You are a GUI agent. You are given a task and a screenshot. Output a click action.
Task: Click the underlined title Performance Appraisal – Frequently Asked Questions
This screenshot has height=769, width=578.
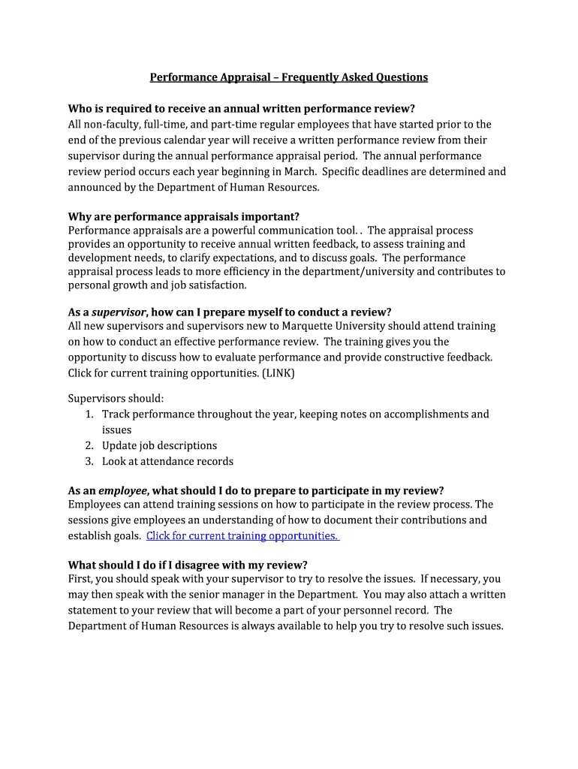(x=288, y=77)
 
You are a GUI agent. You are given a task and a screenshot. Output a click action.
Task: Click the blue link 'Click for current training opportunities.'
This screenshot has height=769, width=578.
(x=242, y=535)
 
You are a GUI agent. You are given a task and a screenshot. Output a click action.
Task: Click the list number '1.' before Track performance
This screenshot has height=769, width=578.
(x=89, y=414)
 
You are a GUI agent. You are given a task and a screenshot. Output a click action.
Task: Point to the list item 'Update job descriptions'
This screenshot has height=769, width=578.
(x=159, y=445)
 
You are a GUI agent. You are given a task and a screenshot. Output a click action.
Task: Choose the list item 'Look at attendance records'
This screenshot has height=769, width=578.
(x=167, y=461)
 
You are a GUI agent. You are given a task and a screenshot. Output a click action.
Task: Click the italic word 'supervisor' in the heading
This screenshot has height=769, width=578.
(x=119, y=312)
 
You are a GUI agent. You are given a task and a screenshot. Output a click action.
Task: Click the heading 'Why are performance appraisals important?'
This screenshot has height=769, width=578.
(x=184, y=216)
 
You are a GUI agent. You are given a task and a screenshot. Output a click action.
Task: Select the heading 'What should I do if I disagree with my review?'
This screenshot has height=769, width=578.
(x=188, y=565)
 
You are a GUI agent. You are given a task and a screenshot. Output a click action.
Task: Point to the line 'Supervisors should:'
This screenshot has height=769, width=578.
(x=116, y=398)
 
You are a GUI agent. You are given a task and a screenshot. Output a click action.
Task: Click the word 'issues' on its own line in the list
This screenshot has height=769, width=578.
(x=116, y=430)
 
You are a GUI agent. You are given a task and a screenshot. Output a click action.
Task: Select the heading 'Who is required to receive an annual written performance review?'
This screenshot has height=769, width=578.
(x=241, y=109)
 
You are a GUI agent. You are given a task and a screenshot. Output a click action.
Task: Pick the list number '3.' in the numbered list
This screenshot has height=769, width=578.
(x=89, y=461)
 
